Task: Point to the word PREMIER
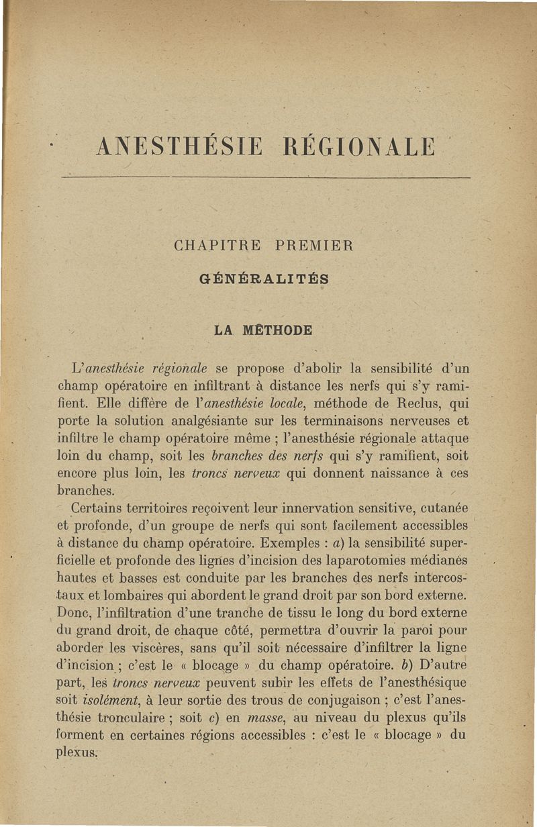(x=314, y=246)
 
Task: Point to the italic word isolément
(x=97, y=700)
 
